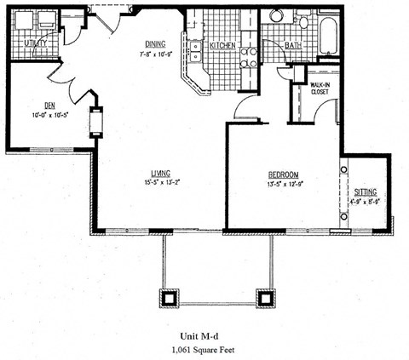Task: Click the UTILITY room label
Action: click(35, 41)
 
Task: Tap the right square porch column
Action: click(267, 298)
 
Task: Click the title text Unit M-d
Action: click(205, 335)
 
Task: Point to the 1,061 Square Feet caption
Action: click(205, 350)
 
